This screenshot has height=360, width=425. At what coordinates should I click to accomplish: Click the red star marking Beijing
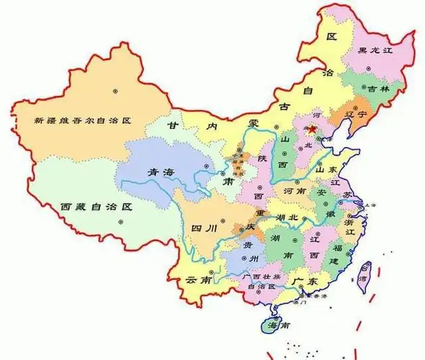coord(313,130)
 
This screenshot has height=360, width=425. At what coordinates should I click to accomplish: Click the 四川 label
coord(204,230)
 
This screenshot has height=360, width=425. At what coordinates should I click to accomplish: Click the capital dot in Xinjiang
coord(115,91)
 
